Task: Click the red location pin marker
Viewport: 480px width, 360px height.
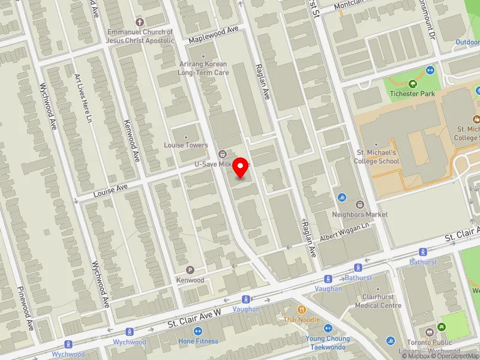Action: pyautogui.click(x=241, y=167)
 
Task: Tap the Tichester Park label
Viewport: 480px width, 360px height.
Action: pyautogui.click(x=412, y=94)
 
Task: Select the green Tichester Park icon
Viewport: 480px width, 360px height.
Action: pyautogui.click(x=412, y=84)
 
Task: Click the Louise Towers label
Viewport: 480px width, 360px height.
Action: pyautogui.click(x=186, y=145)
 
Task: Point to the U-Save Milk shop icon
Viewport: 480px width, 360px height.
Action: pyautogui.click(x=222, y=154)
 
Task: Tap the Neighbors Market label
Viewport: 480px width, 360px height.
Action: pyautogui.click(x=360, y=214)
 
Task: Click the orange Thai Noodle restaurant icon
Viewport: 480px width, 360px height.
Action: pyautogui.click(x=302, y=310)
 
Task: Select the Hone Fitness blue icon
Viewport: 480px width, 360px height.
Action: pyautogui.click(x=198, y=331)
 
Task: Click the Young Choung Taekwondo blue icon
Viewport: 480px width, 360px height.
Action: pyautogui.click(x=328, y=328)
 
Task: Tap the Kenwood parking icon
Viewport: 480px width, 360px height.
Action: pyautogui.click(x=190, y=270)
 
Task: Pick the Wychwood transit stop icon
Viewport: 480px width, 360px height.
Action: pyautogui.click(x=129, y=332)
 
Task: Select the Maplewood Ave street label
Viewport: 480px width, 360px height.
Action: pyautogui.click(x=214, y=34)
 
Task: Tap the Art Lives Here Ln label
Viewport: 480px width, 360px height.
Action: pyautogui.click(x=82, y=98)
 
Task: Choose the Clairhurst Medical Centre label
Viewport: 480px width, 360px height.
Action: pyautogui.click(x=378, y=301)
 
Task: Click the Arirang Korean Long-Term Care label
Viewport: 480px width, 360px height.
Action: pyautogui.click(x=203, y=68)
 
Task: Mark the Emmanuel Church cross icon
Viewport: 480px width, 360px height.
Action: pyautogui.click(x=140, y=22)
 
